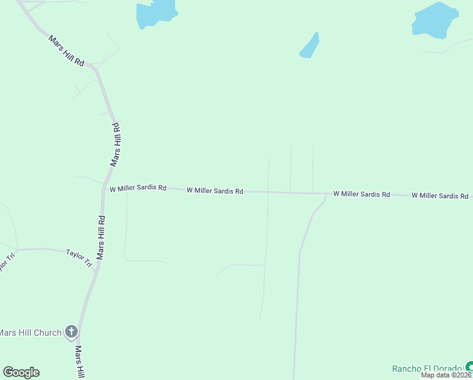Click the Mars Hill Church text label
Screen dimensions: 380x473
tap(30, 332)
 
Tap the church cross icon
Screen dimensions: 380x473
tap(71, 332)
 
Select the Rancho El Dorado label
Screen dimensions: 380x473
tap(427, 369)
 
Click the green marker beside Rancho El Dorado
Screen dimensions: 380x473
tap(469, 367)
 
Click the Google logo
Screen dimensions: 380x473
tap(21, 372)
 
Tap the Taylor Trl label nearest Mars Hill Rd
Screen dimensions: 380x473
tap(80, 258)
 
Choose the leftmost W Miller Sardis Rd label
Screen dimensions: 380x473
tap(138, 188)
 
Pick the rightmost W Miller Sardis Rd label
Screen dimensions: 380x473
tap(440, 196)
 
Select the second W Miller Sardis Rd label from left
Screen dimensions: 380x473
tap(215, 190)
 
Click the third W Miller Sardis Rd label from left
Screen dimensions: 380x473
tap(361, 194)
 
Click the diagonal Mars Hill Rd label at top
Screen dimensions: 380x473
tap(66, 51)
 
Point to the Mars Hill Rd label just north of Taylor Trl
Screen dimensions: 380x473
tap(101, 237)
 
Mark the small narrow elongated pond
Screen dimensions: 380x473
tap(309, 46)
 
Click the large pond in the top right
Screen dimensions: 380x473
tap(434, 20)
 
